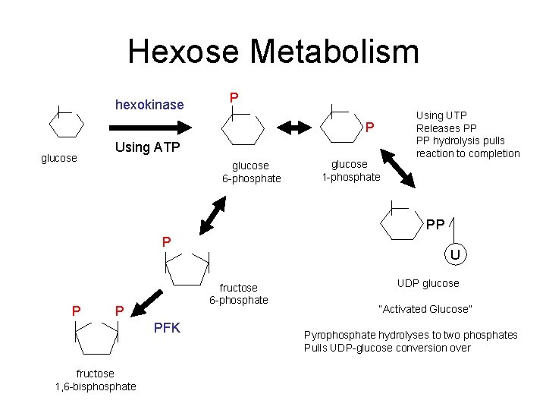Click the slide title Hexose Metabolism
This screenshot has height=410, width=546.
point(273,52)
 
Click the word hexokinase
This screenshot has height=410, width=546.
point(149,105)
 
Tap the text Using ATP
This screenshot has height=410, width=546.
point(147,147)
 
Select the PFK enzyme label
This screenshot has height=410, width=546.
point(167,328)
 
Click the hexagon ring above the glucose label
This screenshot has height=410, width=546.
point(66,124)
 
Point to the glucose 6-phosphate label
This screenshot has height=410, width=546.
point(250,172)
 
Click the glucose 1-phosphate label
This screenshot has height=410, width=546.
point(350,171)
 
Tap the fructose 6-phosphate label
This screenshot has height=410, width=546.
point(238,294)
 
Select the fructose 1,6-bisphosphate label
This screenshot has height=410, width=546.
point(96,380)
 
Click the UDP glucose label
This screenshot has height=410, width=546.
point(428,283)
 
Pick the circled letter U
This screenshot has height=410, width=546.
point(455,255)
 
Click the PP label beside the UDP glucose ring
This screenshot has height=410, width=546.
point(435,225)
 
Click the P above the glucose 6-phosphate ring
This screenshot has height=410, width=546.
point(234,97)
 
